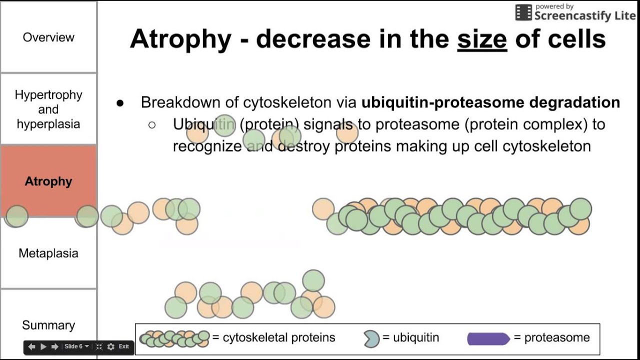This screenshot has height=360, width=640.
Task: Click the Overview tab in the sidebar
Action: click(x=48, y=37)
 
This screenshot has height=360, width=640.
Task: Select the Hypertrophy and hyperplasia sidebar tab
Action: click(x=48, y=109)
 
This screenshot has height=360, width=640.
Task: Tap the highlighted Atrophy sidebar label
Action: click(x=48, y=181)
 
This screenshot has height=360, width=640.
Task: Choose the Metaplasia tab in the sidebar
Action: click(x=48, y=253)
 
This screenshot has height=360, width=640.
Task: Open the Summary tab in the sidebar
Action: click(x=48, y=325)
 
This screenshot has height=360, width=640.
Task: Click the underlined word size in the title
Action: click(x=482, y=39)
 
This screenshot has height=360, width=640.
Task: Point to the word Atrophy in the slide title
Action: click(x=180, y=39)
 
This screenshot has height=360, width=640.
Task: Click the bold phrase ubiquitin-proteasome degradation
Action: click(x=490, y=102)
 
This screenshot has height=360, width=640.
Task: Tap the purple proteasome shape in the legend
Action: click(x=488, y=338)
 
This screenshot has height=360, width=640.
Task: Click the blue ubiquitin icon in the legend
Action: click(x=371, y=338)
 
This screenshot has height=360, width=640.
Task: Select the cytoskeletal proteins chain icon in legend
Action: click(x=174, y=338)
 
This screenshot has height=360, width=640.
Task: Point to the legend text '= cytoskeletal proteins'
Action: click(x=273, y=338)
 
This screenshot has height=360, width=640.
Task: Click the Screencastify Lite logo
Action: click(x=575, y=13)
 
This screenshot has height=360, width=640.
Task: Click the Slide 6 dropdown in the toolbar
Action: click(x=76, y=346)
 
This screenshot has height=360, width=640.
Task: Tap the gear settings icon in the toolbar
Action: click(x=110, y=346)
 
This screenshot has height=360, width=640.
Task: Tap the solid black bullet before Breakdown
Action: click(x=119, y=103)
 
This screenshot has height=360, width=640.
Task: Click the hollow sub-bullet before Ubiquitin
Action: click(x=152, y=125)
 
